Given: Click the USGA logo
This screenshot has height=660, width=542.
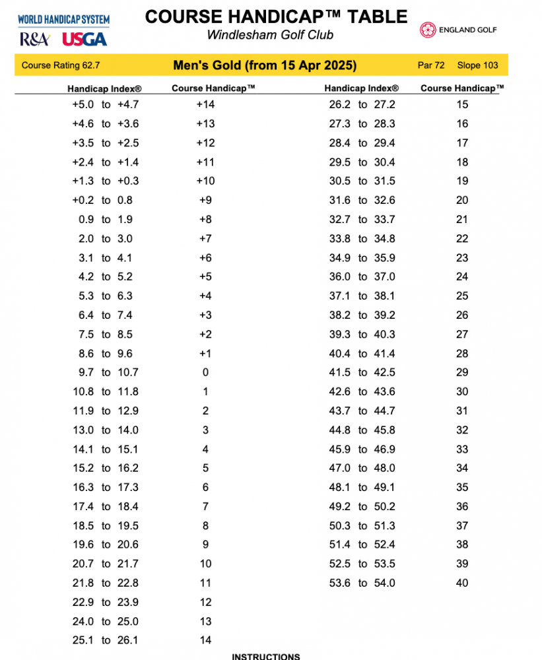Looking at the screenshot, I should coord(85,40).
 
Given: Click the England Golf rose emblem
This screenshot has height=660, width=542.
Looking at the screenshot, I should coord(427,30).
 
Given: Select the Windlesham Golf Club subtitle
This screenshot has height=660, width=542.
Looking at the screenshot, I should coord(270,35).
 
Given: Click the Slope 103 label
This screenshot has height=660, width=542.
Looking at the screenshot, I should coord(478,65).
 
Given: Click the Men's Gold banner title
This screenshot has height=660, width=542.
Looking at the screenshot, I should coord(265,65).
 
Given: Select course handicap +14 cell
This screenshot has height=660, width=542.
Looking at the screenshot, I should coord(205,104).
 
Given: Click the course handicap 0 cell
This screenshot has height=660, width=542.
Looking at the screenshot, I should coord(205,372).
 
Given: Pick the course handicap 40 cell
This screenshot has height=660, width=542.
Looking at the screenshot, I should coord(462,583).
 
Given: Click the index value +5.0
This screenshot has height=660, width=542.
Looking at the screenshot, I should coord(83,104).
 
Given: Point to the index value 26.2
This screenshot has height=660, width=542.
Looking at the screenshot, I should coord(340,104).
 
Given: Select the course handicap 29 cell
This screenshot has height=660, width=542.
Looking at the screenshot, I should coord(462,372).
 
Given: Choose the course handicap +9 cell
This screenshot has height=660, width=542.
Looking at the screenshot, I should coord(205,200).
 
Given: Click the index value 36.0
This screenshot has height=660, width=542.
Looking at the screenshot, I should coord(340,277).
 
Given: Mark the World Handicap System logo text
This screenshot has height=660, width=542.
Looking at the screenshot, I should coord(63,20).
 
